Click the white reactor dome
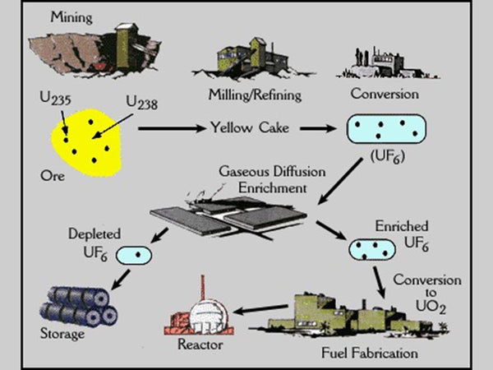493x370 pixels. (x=207, y=312)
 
